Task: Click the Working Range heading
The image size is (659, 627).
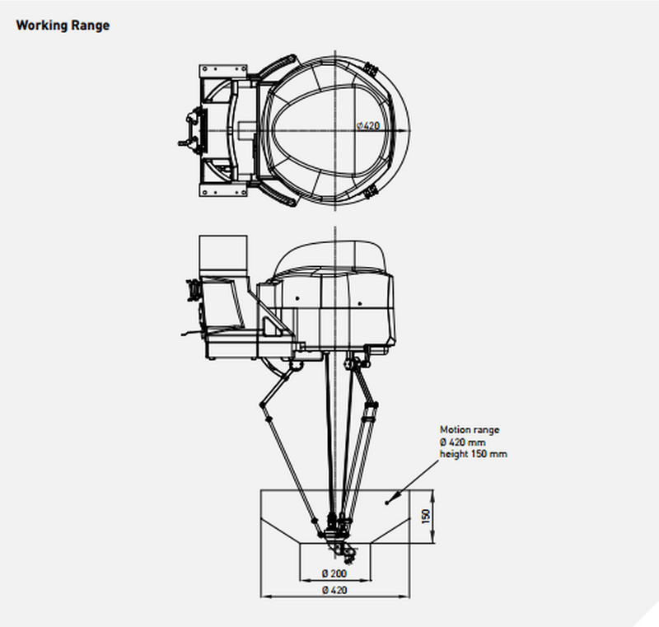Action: click(63, 26)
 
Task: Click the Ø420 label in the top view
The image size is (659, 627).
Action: click(368, 126)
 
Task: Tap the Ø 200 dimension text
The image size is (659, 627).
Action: click(334, 573)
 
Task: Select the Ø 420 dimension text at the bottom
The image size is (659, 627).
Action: click(335, 590)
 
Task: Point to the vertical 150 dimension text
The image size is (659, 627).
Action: click(426, 517)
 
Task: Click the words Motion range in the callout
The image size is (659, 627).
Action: click(470, 429)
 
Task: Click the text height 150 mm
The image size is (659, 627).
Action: click(473, 454)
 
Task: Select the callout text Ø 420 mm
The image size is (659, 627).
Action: click(463, 442)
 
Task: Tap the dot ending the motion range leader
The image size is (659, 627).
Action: click(387, 503)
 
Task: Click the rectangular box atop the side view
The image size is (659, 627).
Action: click(222, 253)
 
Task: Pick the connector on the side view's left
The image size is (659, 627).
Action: click(194, 290)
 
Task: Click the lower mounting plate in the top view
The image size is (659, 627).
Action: click(222, 190)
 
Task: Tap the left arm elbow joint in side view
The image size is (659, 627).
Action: click(263, 405)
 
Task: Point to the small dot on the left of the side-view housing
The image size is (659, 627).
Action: click(297, 298)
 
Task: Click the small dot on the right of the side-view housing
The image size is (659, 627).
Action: click(360, 303)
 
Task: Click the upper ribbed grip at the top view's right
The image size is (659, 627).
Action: click(370, 69)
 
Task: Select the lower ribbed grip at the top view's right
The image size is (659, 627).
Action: click(370, 193)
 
